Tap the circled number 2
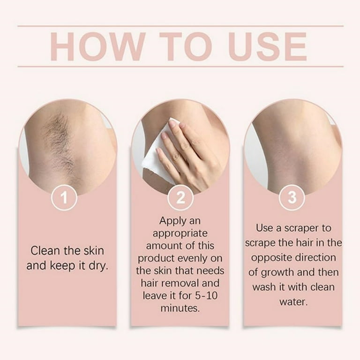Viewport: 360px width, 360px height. pyautogui.click(x=180, y=198)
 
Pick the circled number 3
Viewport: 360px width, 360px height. pyautogui.click(x=292, y=198)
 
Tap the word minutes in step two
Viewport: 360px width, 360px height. pyautogui.click(x=180, y=308)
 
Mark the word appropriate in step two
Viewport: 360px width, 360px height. pyautogui.click(x=180, y=233)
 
